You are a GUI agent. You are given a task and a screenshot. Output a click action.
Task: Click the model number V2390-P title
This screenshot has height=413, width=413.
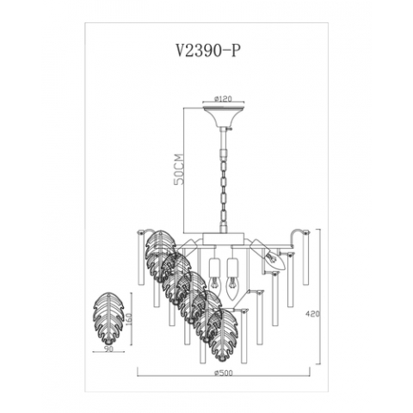207,51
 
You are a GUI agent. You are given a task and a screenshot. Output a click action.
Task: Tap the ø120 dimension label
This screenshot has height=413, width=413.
223,99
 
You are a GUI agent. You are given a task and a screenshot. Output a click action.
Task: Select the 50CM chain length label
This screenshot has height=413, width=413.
179,170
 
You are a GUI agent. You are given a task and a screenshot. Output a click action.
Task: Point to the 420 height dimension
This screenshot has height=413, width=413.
313,314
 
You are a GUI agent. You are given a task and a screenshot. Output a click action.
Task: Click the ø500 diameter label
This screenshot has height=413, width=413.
224,373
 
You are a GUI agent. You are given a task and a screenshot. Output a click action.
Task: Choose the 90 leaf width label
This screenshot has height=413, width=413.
109,348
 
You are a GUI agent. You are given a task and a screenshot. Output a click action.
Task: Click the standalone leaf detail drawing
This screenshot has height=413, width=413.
108,318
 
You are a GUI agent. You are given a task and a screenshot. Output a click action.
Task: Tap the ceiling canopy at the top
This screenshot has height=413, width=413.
224,116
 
